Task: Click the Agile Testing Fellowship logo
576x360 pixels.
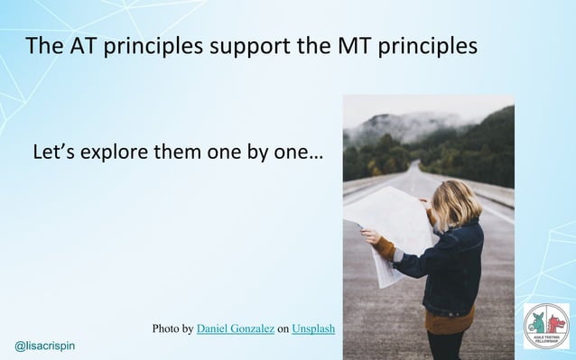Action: [547, 328]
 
